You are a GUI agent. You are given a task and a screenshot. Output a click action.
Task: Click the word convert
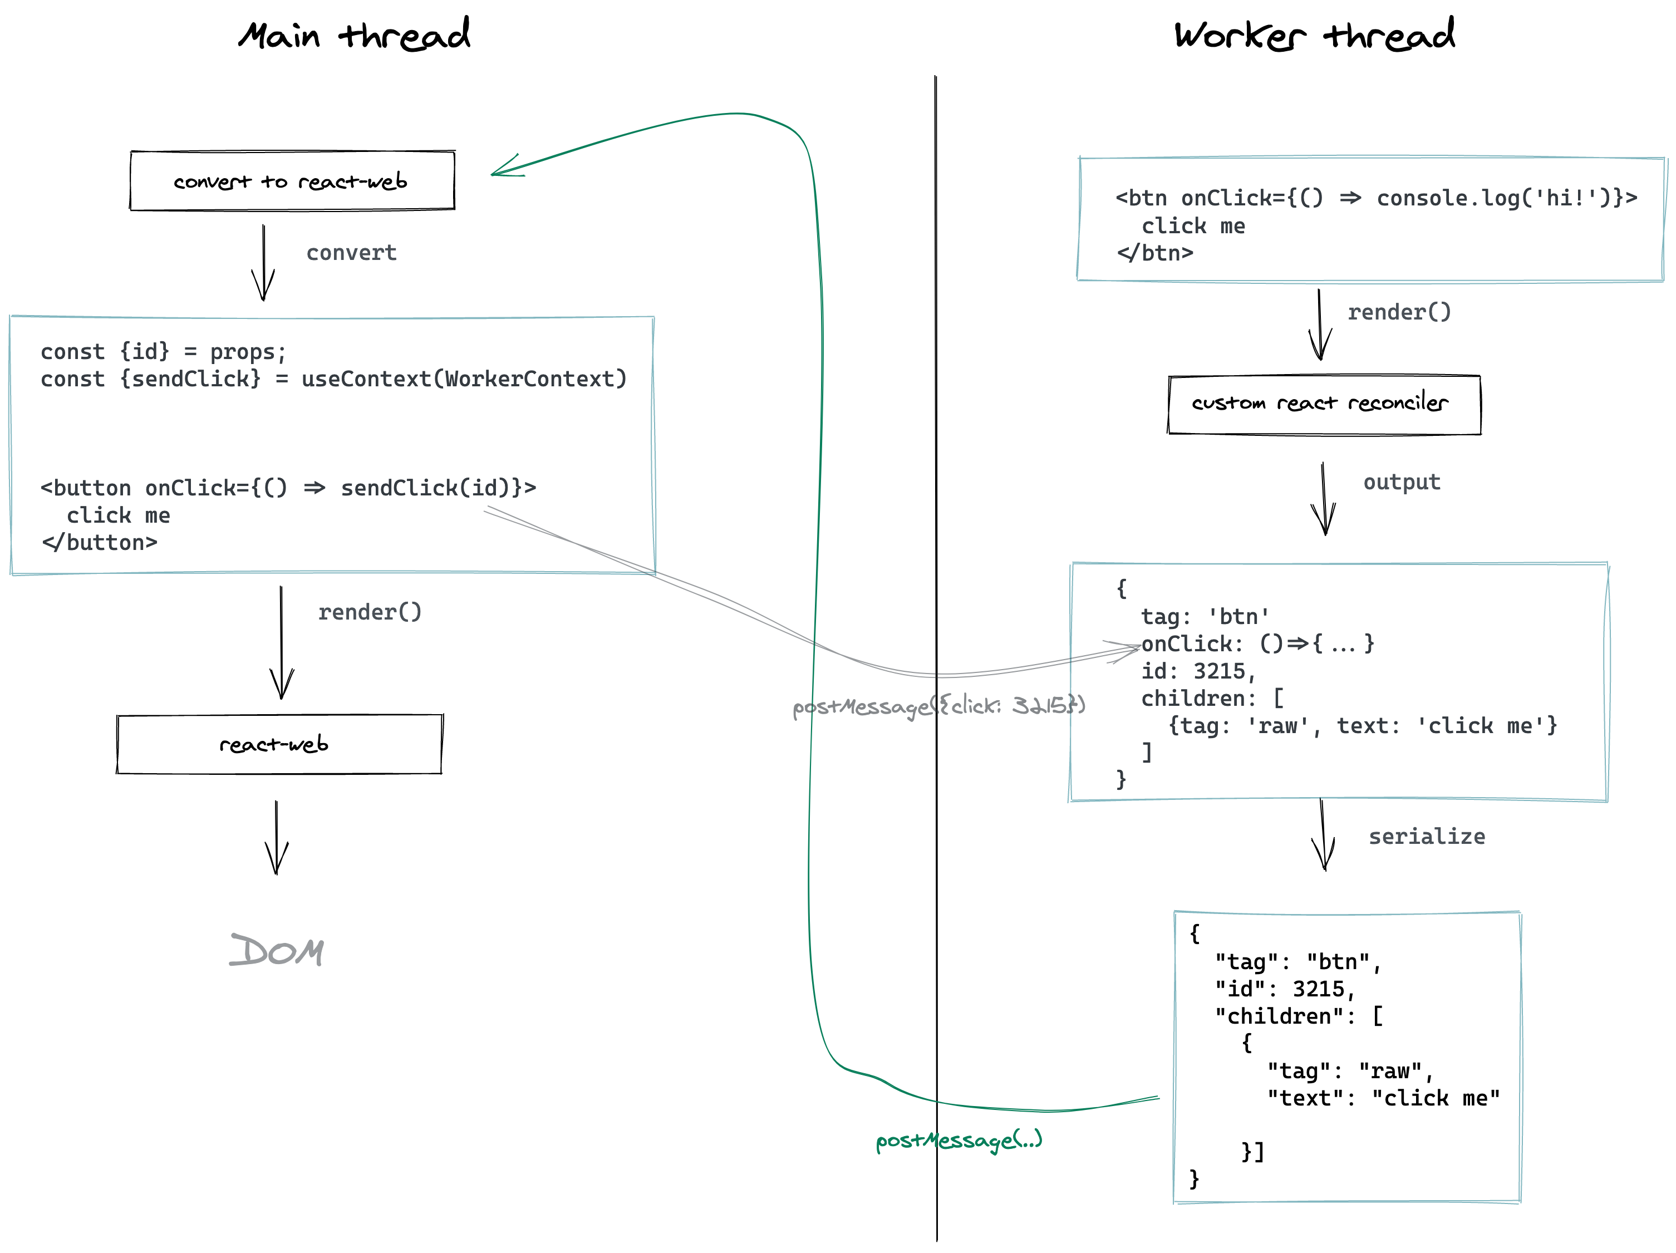coord(351,253)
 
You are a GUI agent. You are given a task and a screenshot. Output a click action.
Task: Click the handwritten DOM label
coord(277,951)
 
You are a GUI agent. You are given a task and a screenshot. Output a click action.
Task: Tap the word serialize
coord(1426,837)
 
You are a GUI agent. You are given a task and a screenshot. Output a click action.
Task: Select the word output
coord(1401,483)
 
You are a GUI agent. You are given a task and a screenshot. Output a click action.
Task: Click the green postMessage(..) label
coord(959,1140)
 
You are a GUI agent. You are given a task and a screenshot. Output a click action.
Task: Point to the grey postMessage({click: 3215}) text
coord(938,706)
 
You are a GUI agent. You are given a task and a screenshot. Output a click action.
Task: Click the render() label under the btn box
coord(1399,312)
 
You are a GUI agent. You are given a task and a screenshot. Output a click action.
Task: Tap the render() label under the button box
coord(369,612)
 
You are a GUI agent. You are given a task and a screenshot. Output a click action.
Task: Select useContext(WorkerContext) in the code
coord(464,379)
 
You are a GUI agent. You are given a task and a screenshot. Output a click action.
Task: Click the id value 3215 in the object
coord(1218,671)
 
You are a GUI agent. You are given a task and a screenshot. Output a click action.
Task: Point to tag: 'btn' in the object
coord(1205,617)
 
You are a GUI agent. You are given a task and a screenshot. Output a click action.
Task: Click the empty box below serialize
coord(1346,1057)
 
